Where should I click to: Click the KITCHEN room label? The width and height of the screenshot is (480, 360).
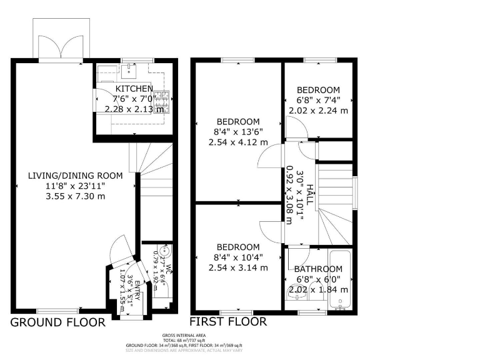click(x=132, y=89)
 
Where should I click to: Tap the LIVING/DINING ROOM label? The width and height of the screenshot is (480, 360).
click(x=76, y=176)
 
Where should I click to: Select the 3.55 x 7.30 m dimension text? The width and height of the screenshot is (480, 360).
click(x=76, y=196)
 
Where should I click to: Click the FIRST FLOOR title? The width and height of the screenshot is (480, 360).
click(x=228, y=322)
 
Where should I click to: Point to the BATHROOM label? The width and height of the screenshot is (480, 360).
click(x=318, y=269)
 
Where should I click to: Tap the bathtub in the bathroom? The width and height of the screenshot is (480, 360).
click(x=341, y=281)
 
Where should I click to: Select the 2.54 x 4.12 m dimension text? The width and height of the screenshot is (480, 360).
click(x=238, y=142)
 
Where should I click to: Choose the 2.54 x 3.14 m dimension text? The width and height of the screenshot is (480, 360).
click(x=238, y=267)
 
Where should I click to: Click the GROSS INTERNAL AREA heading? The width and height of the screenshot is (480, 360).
click(x=184, y=336)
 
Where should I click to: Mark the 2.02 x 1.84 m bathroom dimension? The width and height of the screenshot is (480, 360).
click(x=318, y=289)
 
